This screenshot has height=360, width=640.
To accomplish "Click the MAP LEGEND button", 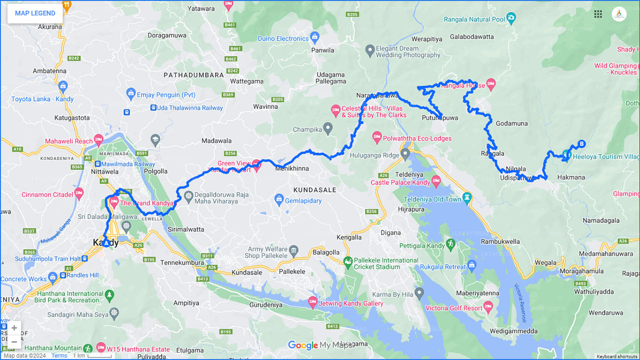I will coord(35,13).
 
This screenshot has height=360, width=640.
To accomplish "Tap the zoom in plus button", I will coord(14,328).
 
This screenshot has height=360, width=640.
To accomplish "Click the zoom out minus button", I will coord(14,342).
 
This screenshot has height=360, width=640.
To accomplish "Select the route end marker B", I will coord(581,144).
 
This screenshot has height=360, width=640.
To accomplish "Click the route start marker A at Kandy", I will coord(106,243).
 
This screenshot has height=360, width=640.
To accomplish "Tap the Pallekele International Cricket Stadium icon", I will coord(347,261).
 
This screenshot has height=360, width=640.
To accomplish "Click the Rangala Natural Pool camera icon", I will coord(510,19).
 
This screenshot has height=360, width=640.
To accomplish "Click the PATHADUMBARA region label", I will coord(193,75).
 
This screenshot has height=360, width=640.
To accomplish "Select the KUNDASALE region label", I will coord(314,190).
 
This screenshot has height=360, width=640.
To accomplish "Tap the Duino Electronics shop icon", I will coord(314,36).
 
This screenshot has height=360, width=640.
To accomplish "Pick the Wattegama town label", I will coord(246,81).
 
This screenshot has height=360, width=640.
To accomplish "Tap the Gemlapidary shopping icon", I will coord(279,199).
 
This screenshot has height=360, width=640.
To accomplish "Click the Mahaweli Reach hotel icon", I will coord(98,139).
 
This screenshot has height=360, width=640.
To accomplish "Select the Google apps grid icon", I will coord(598,14).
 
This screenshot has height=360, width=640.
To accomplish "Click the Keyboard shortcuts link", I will coord(616,356).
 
